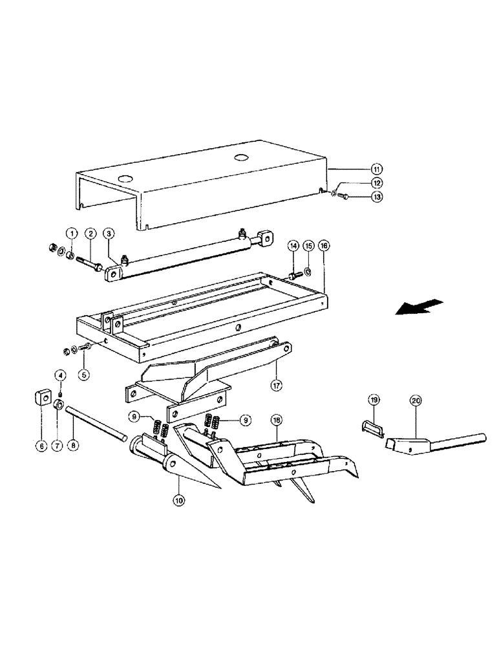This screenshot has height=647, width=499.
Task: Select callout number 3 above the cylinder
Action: pos(109,233)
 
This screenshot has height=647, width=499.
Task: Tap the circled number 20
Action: pos(416,400)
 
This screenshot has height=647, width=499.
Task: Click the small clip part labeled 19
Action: pos(372,428)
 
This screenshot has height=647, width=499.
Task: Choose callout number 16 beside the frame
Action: pos(324,246)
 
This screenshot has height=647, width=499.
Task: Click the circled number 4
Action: pos(59,375)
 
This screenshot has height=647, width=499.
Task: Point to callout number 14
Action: pos(292,246)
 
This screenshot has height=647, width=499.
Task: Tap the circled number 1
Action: pos(74,233)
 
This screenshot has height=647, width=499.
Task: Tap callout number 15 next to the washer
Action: pos(308,246)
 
